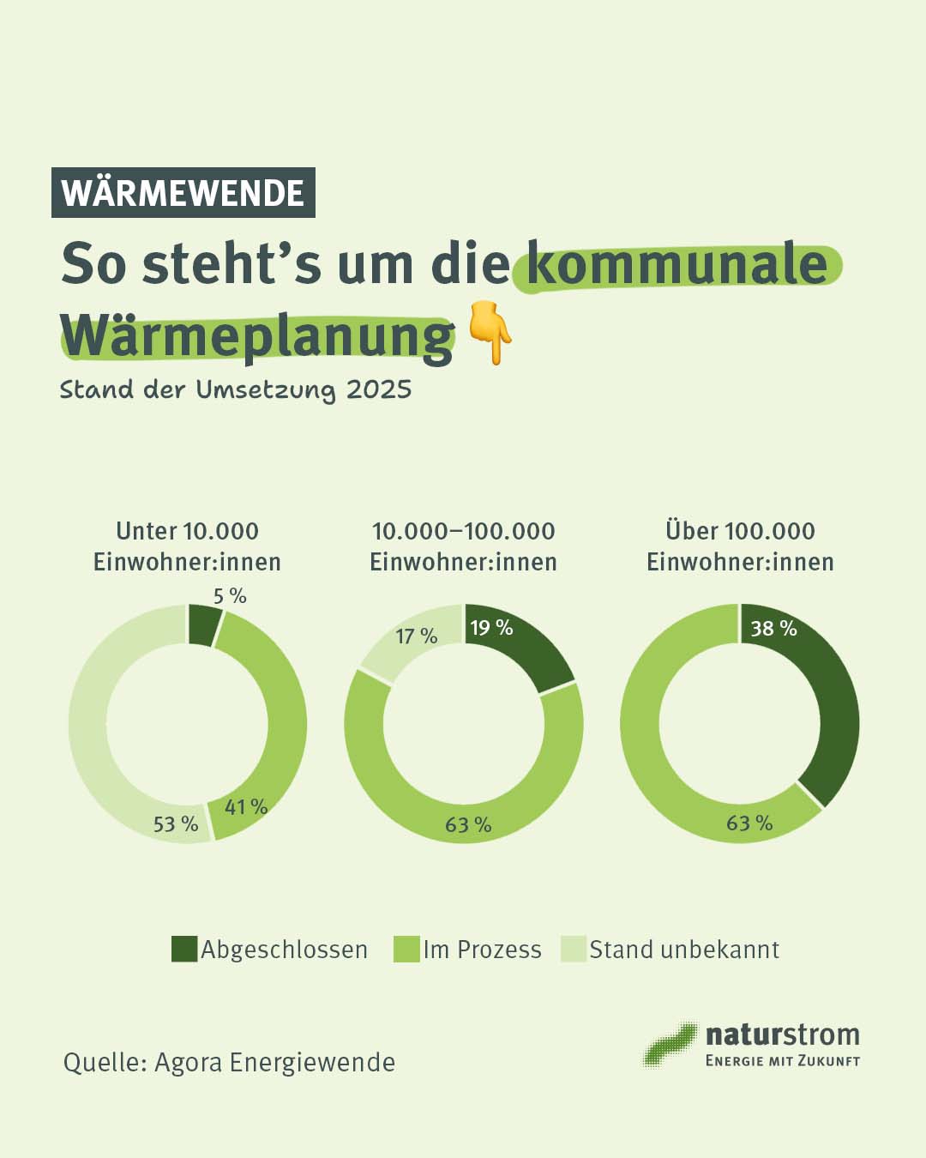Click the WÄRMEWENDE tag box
tap(183, 192)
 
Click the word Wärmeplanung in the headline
tap(256, 336)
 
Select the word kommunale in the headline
tap(676, 263)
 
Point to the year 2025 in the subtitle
tap(379, 389)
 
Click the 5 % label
tap(230, 595)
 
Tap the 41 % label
tap(246, 807)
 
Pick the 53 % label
tap(176, 824)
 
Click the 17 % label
tap(417, 636)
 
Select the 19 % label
tap(491, 628)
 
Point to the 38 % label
tap(773, 629)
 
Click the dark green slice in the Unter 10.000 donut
tap(203, 624)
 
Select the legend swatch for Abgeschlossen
tap(184, 949)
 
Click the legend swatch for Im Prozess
tap(406, 949)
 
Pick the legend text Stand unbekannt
tap(684, 950)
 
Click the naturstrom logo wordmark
tap(782, 1035)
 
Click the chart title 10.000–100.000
tap(463, 531)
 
